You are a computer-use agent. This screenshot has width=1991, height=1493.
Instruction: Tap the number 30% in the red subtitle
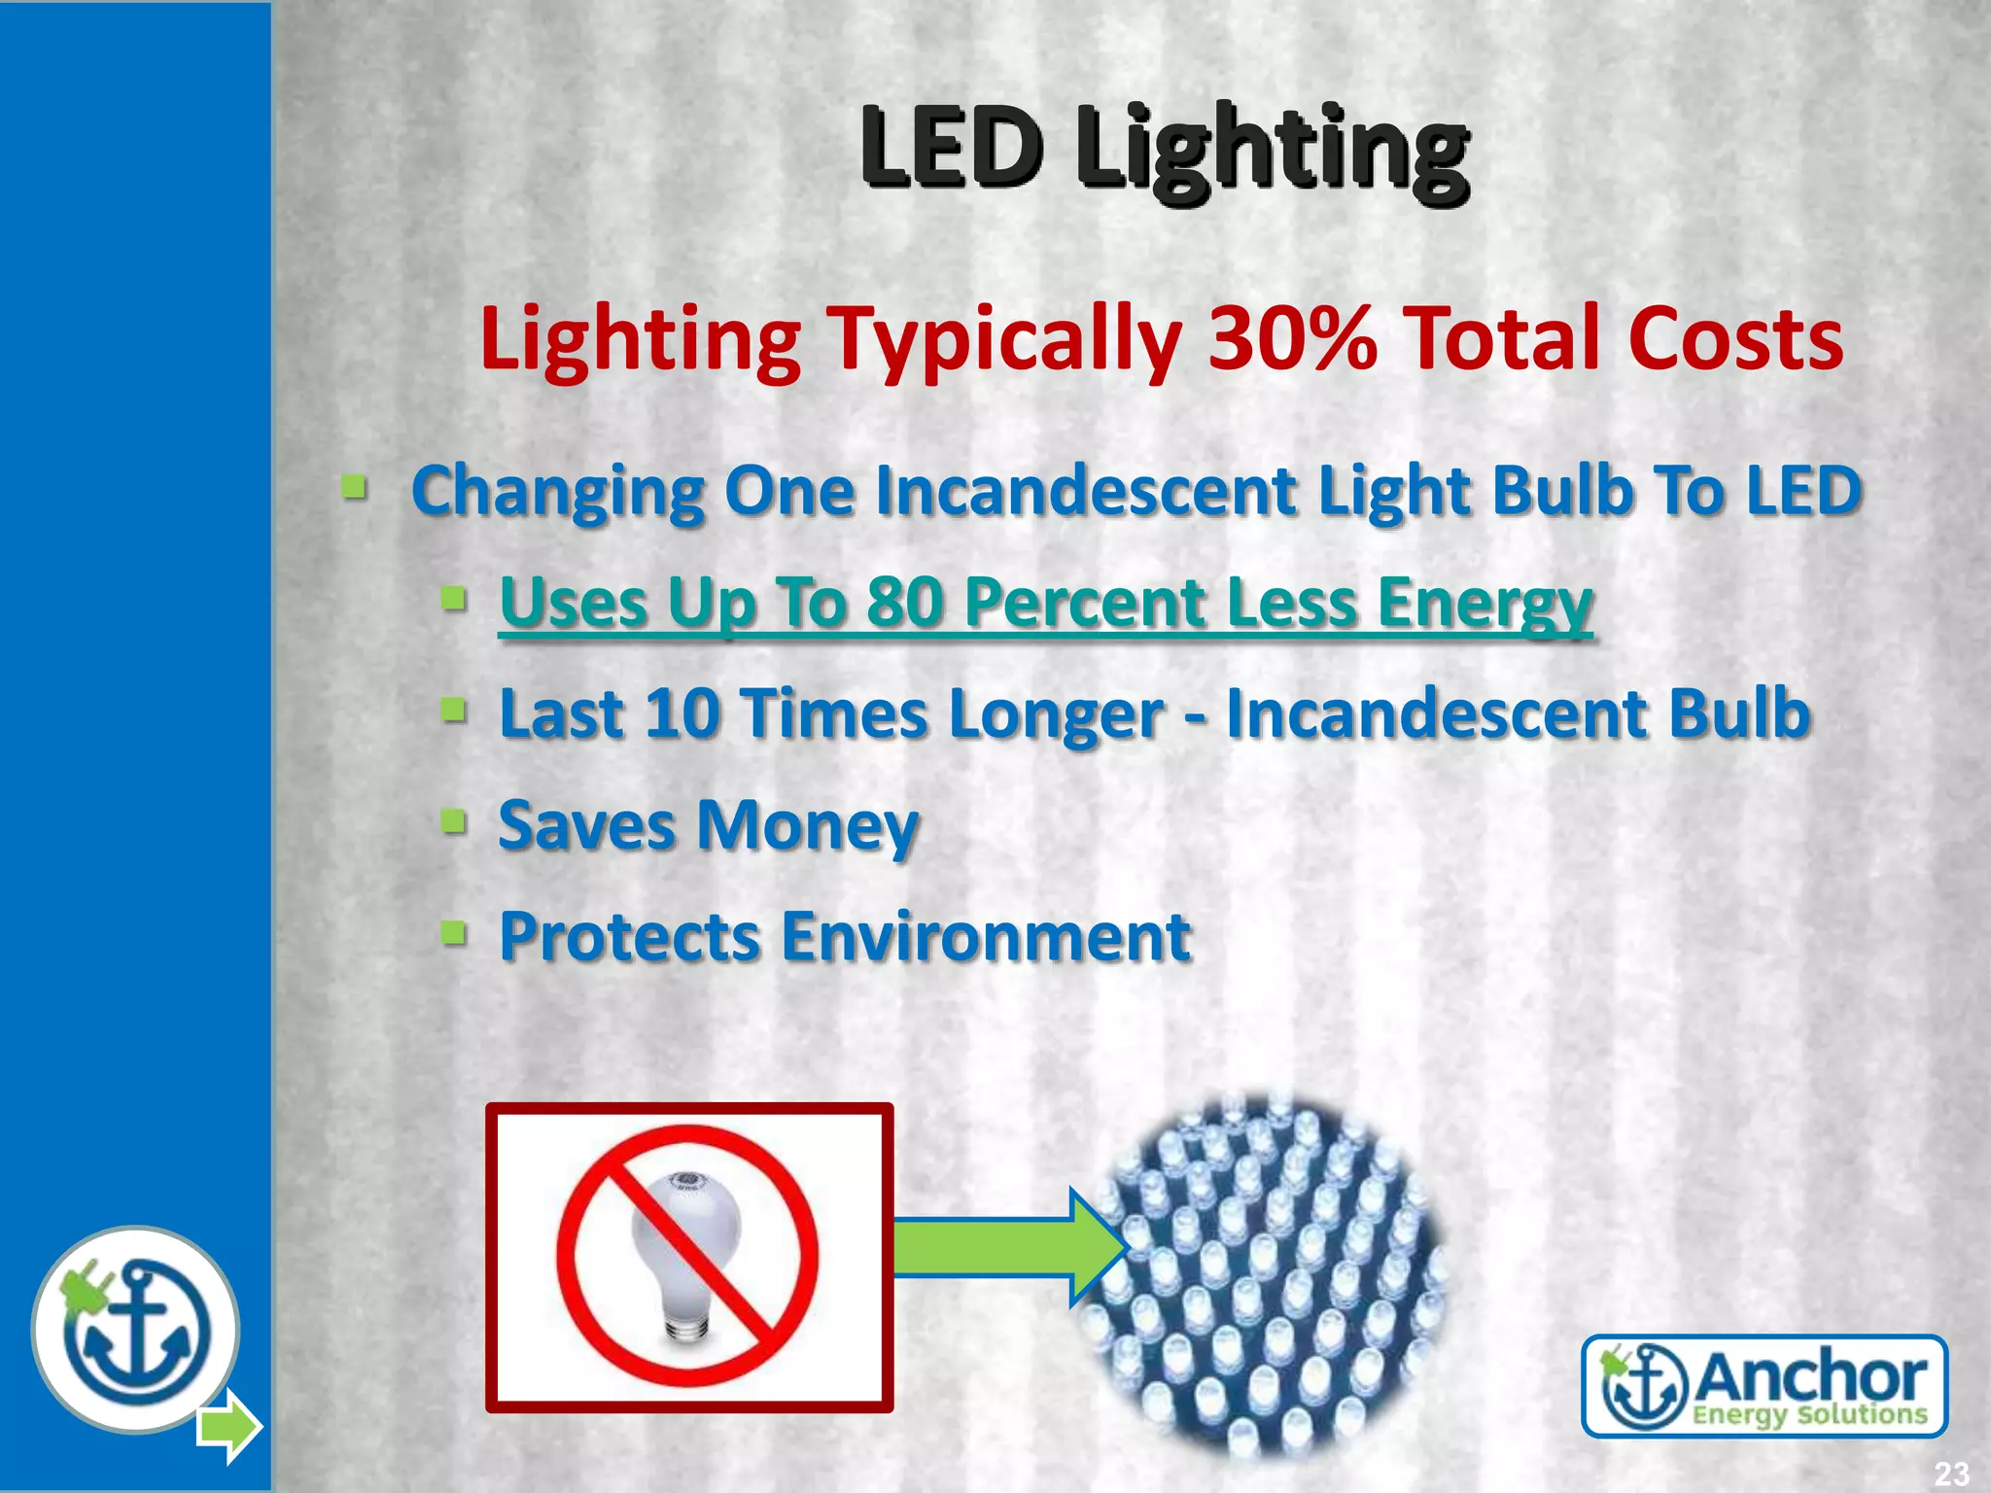1292,338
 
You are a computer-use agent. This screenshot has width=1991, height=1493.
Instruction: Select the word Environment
986,937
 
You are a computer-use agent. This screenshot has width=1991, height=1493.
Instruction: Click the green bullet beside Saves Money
453,822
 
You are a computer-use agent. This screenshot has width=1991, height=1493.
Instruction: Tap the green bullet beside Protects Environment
453,934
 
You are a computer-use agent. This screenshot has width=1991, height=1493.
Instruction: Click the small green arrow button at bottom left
229,1426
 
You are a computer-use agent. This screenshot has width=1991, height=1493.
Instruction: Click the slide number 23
1950,1473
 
